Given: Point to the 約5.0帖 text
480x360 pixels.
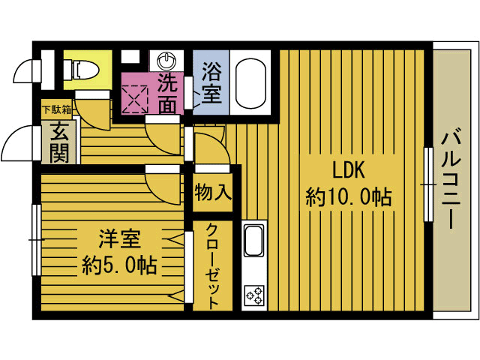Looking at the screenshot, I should pos(119,265).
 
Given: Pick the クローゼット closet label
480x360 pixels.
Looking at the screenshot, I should pos(212,266).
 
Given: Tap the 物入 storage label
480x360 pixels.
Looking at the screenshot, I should pos(212,191).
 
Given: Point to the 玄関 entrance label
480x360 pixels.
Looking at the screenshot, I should pos(55,142).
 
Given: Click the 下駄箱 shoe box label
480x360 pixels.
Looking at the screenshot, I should pos(55,109).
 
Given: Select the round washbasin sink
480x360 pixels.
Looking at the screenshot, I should pos(166,61).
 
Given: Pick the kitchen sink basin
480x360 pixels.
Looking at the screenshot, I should pos(253,242).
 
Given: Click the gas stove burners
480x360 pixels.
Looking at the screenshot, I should pos(253,294).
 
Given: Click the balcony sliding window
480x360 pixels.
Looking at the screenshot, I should pos(429,184).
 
